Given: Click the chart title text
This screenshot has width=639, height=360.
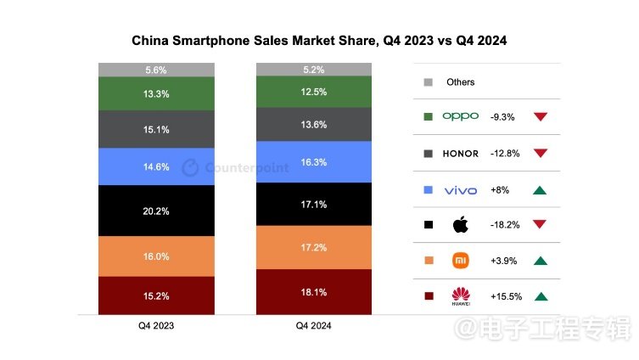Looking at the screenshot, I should click(319, 40).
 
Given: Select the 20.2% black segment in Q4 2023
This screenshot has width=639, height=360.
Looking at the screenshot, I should click(155, 211).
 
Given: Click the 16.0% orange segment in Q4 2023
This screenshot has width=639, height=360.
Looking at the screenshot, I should click(155, 256).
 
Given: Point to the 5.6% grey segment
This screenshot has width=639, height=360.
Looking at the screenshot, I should click(155, 70).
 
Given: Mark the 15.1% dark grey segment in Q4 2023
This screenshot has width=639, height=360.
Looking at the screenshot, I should click(155, 130).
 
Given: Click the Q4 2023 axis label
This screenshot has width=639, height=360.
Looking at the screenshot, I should click(156, 325).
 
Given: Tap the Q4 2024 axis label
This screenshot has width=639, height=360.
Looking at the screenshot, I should click(314, 325).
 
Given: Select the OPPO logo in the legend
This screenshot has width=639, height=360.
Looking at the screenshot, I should click(461, 116).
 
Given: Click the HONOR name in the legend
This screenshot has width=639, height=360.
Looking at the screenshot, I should click(461, 153).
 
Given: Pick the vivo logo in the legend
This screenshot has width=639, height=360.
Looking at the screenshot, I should click(461, 188).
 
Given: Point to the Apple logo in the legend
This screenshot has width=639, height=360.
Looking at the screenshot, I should click(461, 225).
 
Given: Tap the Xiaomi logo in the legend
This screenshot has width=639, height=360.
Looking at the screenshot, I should click(461, 261).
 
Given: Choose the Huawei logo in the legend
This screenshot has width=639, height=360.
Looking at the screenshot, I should click(461, 296).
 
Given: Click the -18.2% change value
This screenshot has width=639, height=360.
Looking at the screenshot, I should click(505, 225).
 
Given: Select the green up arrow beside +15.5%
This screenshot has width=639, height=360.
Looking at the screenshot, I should click(541, 296).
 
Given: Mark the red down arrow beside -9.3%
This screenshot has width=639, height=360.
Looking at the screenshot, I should click(541, 116).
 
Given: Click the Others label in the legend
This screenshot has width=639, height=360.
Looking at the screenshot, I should click(461, 82).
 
